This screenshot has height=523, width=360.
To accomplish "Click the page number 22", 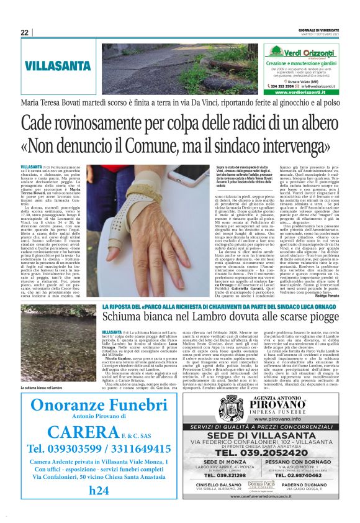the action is tap(24, 32).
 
